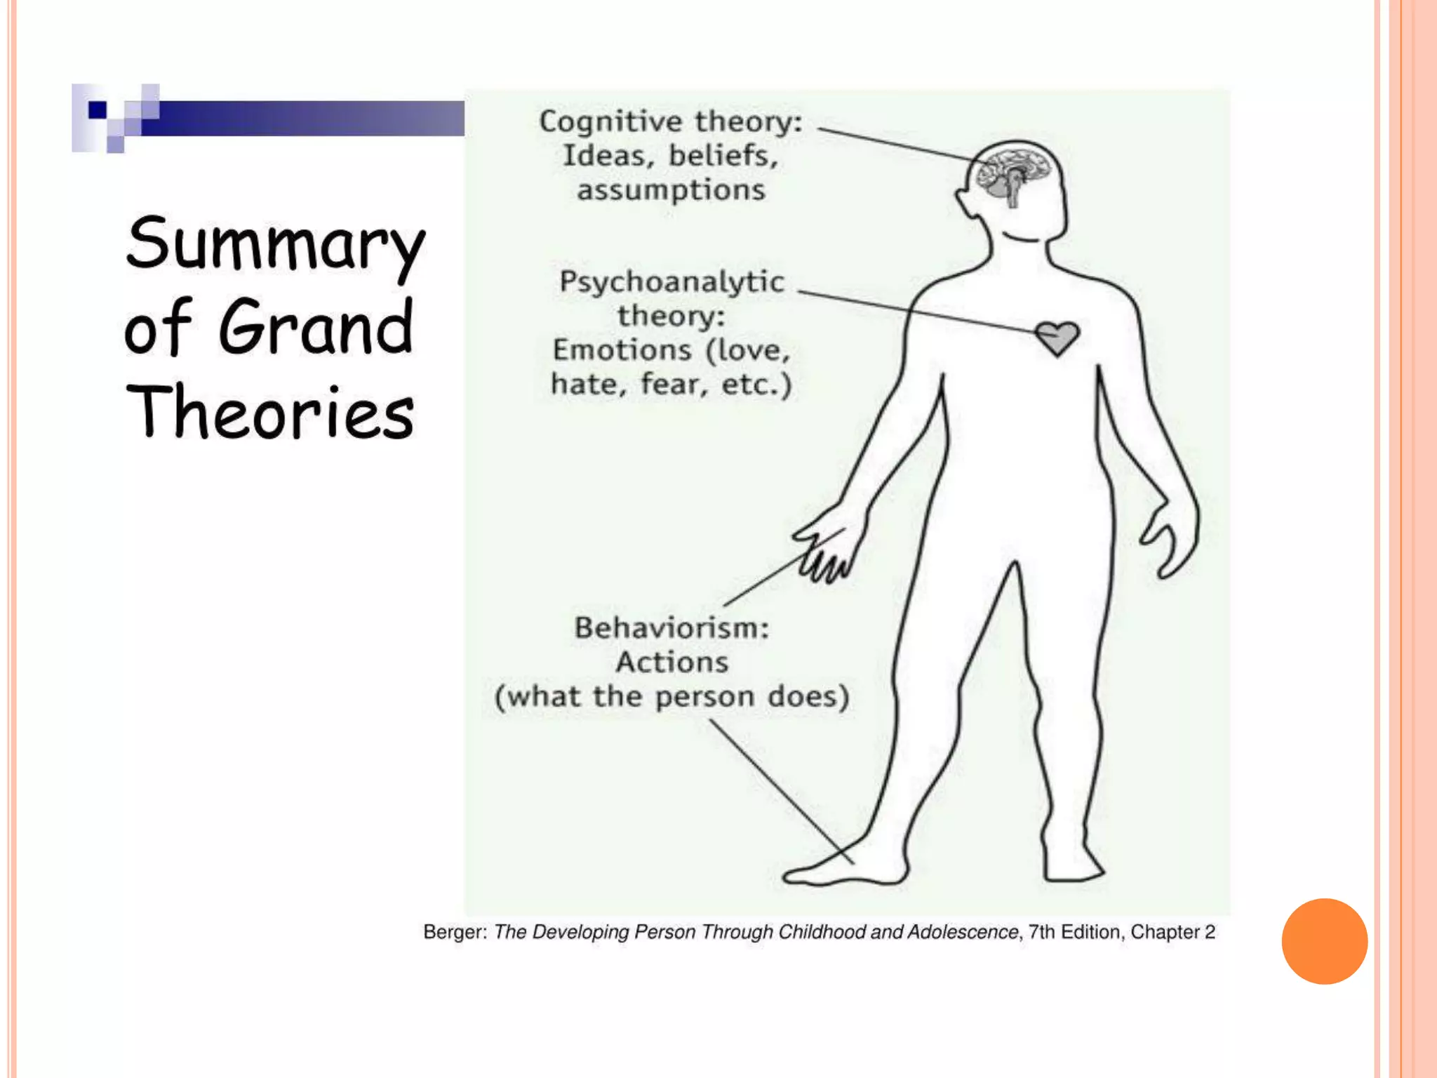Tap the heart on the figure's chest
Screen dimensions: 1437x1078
click(x=1057, y=338)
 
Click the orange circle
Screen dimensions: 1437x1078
click(x=1324, y=941)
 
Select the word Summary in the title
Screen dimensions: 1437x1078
click(x=275, y=244)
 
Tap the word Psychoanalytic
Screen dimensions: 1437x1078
click(x=671, y=282)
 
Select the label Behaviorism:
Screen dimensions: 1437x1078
click(x=671, y=627)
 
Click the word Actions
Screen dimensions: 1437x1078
click(x=672, y=662)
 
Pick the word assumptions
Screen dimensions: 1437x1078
click(x=671, y=190)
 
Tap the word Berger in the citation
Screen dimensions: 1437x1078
click(x=453, y=932)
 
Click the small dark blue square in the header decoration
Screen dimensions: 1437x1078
click(x=98, y=110)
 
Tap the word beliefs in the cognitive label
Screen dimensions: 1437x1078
click(x=723, y=156)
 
